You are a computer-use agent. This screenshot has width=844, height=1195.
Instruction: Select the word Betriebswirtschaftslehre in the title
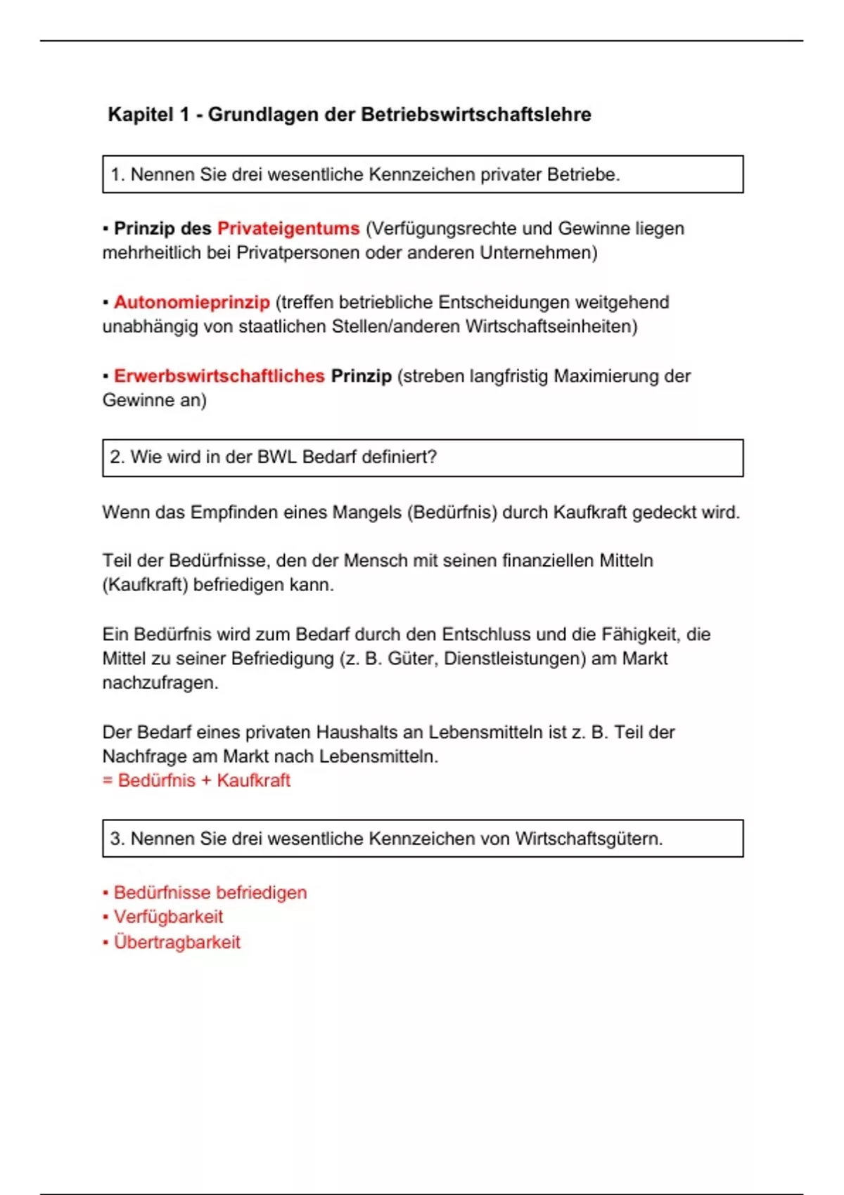coord(476,115)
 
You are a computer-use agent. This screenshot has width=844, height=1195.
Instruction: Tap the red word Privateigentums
coord(288,228)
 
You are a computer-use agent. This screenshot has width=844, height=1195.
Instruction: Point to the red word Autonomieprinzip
coord(192,302)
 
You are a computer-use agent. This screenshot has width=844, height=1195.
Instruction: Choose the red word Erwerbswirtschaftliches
coord(219,376)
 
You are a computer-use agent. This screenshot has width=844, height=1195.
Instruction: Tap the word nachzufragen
coord(160,683)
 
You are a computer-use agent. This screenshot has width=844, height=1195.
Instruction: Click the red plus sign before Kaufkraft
coord(206,781)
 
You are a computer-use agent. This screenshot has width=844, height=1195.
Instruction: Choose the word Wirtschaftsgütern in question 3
coord(588,839)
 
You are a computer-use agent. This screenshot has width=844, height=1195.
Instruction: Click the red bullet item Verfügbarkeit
coord(168,917)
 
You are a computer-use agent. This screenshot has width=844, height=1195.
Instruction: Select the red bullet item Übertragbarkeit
coord(177,942)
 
